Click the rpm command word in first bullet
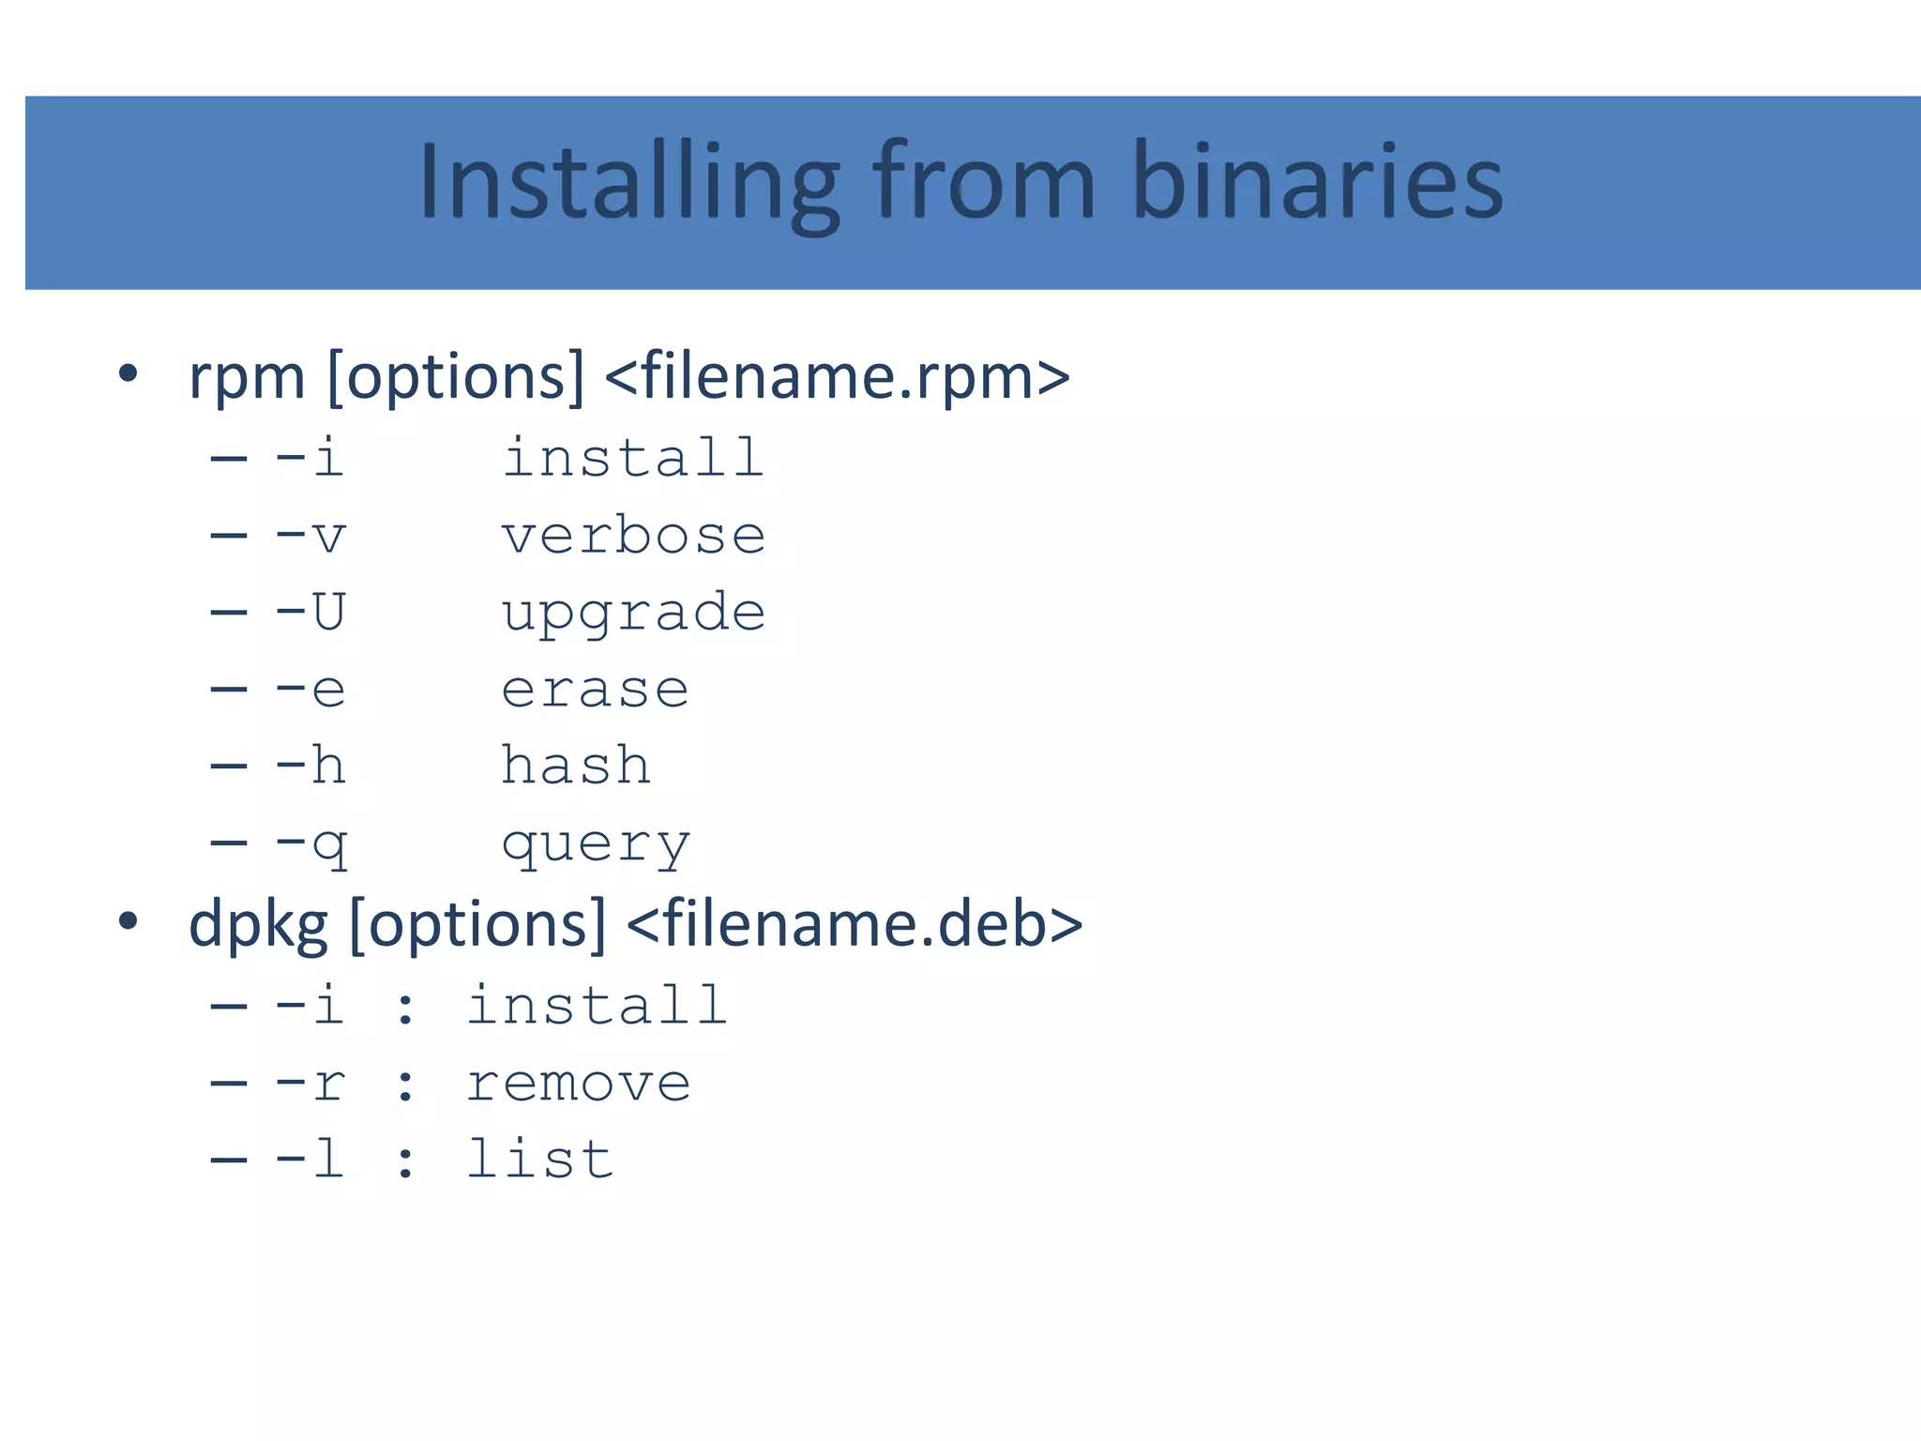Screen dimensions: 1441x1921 (247, 378)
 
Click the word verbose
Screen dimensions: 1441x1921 (633, 537)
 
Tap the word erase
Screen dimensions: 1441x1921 (595, 690)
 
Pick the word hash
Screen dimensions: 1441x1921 (575, 766)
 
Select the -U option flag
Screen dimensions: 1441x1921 (310, 613)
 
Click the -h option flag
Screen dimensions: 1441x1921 (310, 766)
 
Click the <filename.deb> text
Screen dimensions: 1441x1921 (854, 925)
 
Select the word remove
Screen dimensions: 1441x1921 (578, 1085)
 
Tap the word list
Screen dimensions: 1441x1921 (539, 1160)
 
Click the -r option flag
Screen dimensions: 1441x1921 (310, 1085)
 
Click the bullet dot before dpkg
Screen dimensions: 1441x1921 (129, 921)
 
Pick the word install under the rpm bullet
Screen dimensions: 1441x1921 (633, 459)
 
